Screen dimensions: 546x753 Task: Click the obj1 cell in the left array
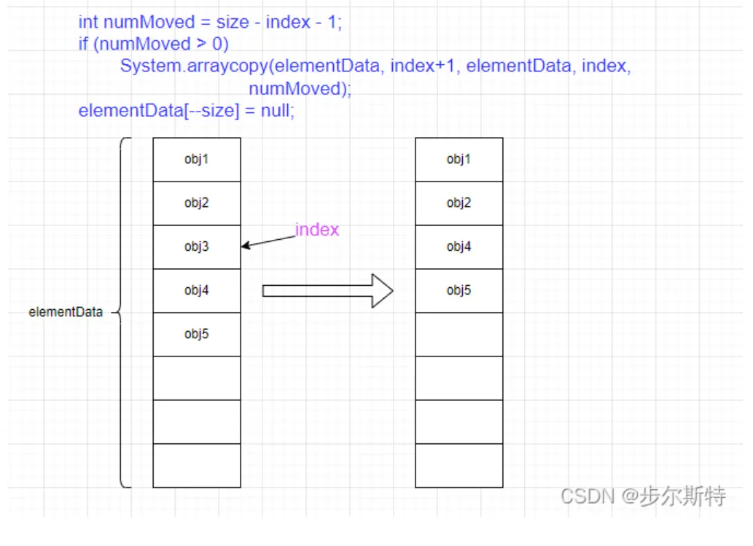pos(196,160)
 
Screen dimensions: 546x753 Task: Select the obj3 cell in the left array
pos(196,247)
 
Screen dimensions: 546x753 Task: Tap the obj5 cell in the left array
pos(196,335)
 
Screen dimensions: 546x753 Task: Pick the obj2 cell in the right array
pos(459,203)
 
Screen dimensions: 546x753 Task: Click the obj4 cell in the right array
pos(459,247)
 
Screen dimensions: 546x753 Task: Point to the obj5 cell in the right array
pos(459,291)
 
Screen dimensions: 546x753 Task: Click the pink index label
pos(317,230)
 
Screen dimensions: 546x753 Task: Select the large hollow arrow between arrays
pos(327,291)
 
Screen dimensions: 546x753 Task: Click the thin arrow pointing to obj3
pos(268,241)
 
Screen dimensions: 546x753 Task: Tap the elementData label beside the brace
pos(66,312)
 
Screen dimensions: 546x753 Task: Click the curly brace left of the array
pos(124,312)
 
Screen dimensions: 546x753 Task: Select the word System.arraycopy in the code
pos(195,66)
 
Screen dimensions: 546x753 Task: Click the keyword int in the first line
pos(87,22)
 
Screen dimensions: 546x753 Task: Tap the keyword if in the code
pos(83,44)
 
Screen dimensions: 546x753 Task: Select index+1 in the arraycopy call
pos(424,66)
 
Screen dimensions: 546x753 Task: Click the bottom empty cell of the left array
pos(196,466)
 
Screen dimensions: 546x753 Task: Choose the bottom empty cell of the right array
pos(459,466)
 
